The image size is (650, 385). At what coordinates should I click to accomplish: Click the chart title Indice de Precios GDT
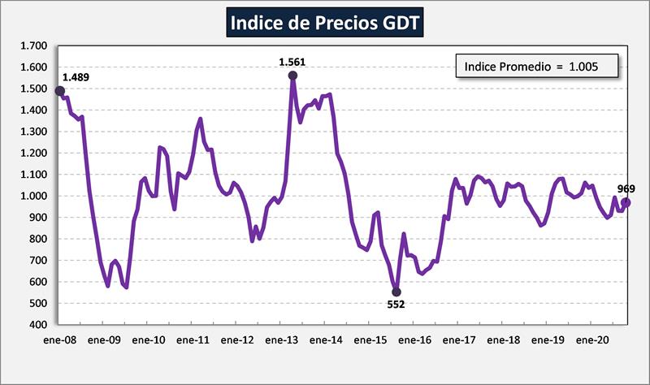[325, 22]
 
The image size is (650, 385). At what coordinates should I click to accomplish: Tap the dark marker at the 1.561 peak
[292, 76]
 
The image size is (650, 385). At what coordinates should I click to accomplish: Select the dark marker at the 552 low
[396, 292]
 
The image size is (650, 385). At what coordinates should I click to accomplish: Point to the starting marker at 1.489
[60, 91]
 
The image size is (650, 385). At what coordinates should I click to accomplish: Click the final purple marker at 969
[626, 202]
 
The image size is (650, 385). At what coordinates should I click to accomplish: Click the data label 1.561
[292, 62]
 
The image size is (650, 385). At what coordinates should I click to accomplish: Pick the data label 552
[396, 305]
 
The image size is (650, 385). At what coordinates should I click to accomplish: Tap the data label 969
[626, 188]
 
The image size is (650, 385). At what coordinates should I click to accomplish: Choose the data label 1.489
[76, 78]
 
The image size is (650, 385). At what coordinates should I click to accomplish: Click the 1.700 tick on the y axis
[34, 46]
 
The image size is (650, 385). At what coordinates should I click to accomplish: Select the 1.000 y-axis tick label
[34, 197]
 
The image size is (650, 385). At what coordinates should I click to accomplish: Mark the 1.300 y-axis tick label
[34, 132]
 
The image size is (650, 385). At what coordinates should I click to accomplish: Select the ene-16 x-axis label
[414, 340]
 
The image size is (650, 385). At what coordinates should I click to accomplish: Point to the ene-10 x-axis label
[149, 340]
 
